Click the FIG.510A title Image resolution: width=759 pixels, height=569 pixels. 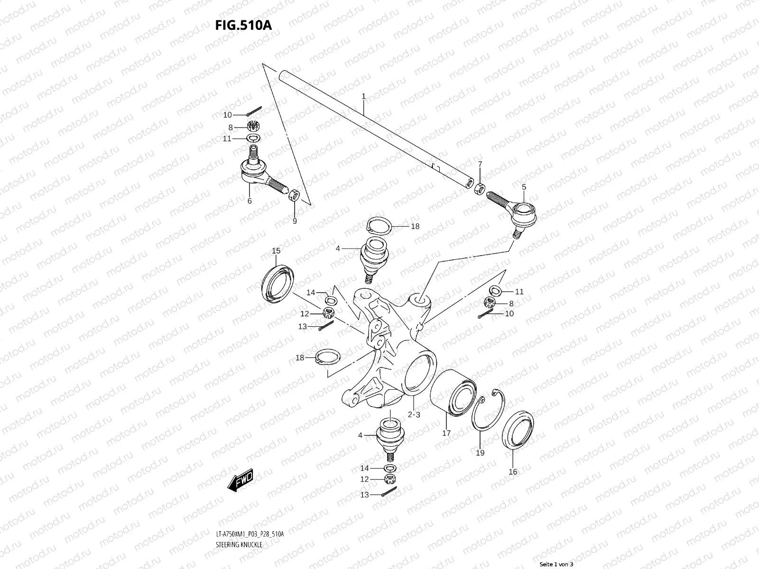[243, 25]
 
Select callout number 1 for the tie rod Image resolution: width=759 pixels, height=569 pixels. [363, 96]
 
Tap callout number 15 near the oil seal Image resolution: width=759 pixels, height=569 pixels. [276, 251]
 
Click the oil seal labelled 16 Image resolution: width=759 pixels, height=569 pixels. [518, 430]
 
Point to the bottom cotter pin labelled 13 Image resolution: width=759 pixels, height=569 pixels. [389, 492]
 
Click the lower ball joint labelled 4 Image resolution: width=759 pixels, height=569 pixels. [389, 435]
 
